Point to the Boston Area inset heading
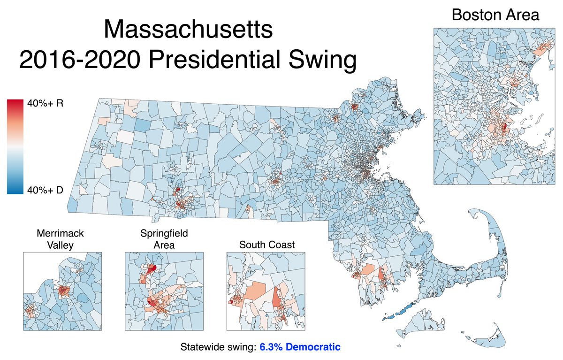click(495, 15)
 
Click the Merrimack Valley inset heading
click(62, 238)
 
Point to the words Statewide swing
click(218, 348)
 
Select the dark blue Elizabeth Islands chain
click(396, 311)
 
